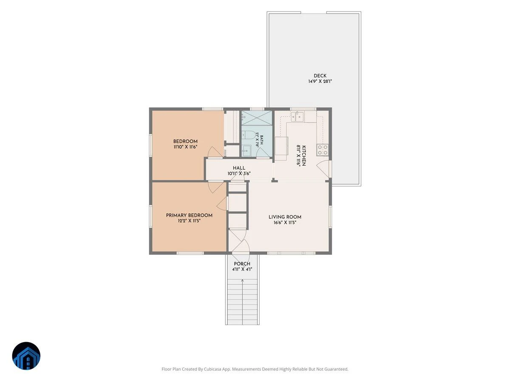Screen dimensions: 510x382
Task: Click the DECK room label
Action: (x=320, y=76)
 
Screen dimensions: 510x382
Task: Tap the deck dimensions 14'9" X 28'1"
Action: (x=320, y=81)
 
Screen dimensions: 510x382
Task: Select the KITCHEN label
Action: (x=303, y=156)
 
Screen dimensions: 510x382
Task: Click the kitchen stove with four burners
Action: (x=323, y=149)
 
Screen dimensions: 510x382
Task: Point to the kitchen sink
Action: (x=297, y=116)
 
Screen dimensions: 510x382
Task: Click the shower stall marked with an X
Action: (x=257, y=118)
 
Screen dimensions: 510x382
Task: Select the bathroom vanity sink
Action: (x=246, y=151)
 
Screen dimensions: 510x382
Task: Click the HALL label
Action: (x=239, y=168)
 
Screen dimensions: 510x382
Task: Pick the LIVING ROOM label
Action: (x=285, y=217)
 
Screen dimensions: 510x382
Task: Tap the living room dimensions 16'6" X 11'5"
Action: (x=285, y=223)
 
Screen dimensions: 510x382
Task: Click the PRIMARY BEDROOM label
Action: (x=189, y=215)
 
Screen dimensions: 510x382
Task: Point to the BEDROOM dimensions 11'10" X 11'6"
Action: (x=185, y=147)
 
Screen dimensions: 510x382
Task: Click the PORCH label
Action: (x=242, y=264)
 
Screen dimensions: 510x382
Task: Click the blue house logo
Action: (x=26, y=356)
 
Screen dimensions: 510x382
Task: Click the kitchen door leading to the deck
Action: (x=323, y=169)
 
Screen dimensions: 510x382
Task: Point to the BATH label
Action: (x=262, y=140)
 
